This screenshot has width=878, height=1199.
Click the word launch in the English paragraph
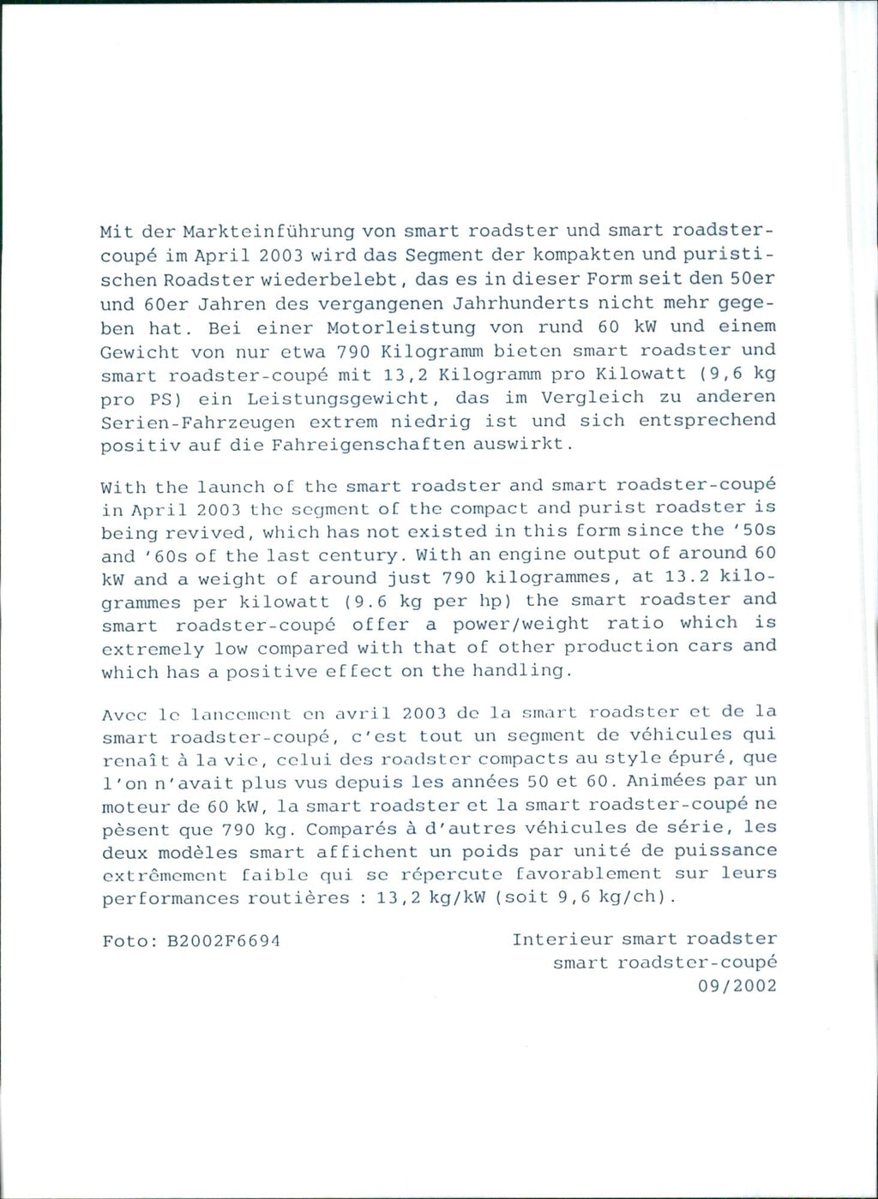(231, 487)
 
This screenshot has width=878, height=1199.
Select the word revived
(201, 532)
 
